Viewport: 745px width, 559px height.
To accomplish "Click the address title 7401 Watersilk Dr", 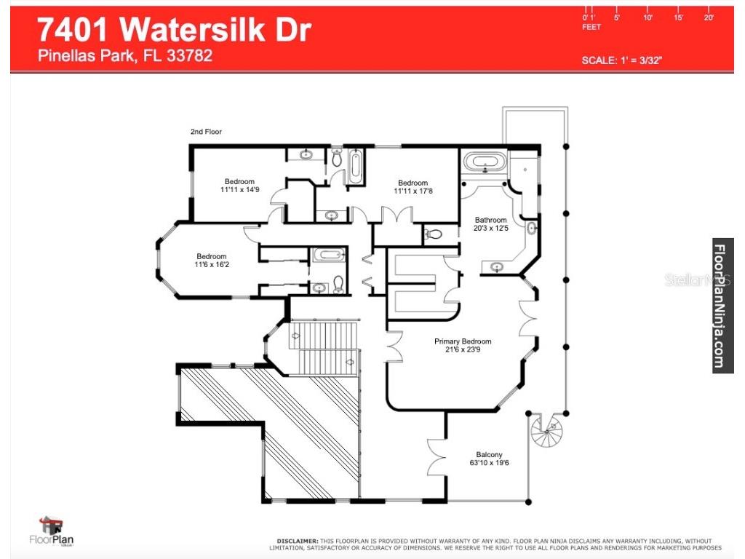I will click(x=174, y=30).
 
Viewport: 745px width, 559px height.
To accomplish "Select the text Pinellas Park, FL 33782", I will click(x=124, y=56).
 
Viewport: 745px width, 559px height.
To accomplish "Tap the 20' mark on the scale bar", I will click(x=709, y=17).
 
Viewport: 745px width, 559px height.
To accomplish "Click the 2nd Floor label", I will click(x=206, y=132).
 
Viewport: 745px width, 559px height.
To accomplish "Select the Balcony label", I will click(x=489, y=455).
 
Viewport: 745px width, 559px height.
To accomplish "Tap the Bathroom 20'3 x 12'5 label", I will click(x=490, y=224).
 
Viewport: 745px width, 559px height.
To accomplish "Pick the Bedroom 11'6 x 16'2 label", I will click(x=211, y=261).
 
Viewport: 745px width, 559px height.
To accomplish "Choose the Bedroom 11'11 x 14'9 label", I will click(x=239, y=186).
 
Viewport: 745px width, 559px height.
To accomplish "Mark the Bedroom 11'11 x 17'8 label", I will click(x=413, y=187).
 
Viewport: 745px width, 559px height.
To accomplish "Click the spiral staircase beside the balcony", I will click(x=546, y=430).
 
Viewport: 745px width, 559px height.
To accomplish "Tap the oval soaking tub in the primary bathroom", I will click(x=482, y=162).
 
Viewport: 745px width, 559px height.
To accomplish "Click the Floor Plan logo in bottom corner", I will click(x=51, y=531).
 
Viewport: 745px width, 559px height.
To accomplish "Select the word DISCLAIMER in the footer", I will click(x=297, y=541).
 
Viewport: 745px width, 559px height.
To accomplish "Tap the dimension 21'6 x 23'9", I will click(x=463, y=349).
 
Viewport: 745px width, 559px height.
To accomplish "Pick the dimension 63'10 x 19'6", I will click(x=489, y=463).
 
